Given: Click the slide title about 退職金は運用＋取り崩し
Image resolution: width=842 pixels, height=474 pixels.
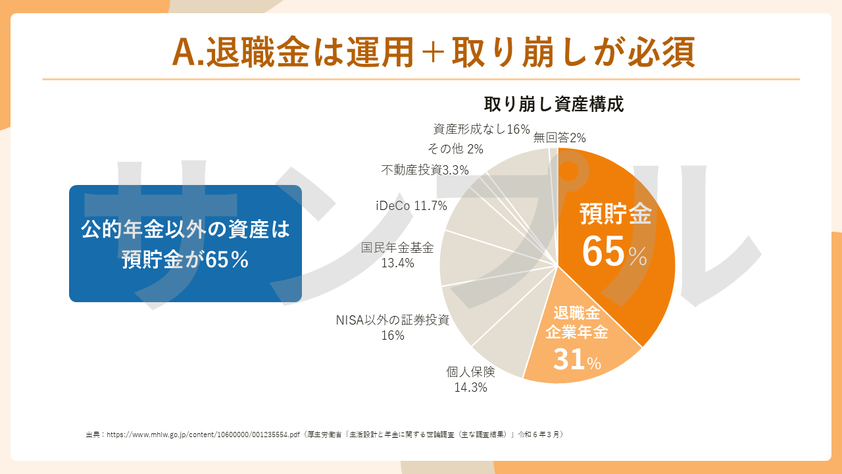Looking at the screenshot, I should [433, 52].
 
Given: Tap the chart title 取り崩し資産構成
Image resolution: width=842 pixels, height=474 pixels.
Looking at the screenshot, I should [553, 104].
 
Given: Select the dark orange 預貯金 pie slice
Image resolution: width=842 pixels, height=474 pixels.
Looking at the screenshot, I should [631, 263].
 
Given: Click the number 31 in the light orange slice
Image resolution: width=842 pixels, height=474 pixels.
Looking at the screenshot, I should [569, 360].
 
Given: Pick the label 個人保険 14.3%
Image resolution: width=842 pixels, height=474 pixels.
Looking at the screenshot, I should [470, 379].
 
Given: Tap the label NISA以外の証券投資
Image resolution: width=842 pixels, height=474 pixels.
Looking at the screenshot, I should [393, 321].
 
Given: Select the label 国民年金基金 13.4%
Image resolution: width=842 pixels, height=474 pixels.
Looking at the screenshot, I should [397, 255].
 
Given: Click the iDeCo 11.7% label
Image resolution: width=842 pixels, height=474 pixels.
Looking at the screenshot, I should [411, 206].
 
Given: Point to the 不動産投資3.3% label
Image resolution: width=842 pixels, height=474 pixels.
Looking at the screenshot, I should [425, 171].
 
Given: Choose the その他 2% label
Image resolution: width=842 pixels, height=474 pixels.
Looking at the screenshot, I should [455, 149].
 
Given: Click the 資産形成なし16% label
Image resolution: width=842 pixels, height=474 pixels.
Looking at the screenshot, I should [482, 129].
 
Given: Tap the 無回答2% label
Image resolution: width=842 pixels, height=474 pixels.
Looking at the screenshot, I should [559, 138].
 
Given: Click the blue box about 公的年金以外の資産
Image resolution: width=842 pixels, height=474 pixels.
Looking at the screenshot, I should [186, 244].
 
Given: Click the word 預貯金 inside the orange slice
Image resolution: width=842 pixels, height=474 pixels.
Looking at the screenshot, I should [615, 214].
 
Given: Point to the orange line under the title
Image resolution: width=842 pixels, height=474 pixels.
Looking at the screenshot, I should [421, 79].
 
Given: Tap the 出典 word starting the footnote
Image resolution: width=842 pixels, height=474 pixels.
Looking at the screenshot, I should [93, 434].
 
